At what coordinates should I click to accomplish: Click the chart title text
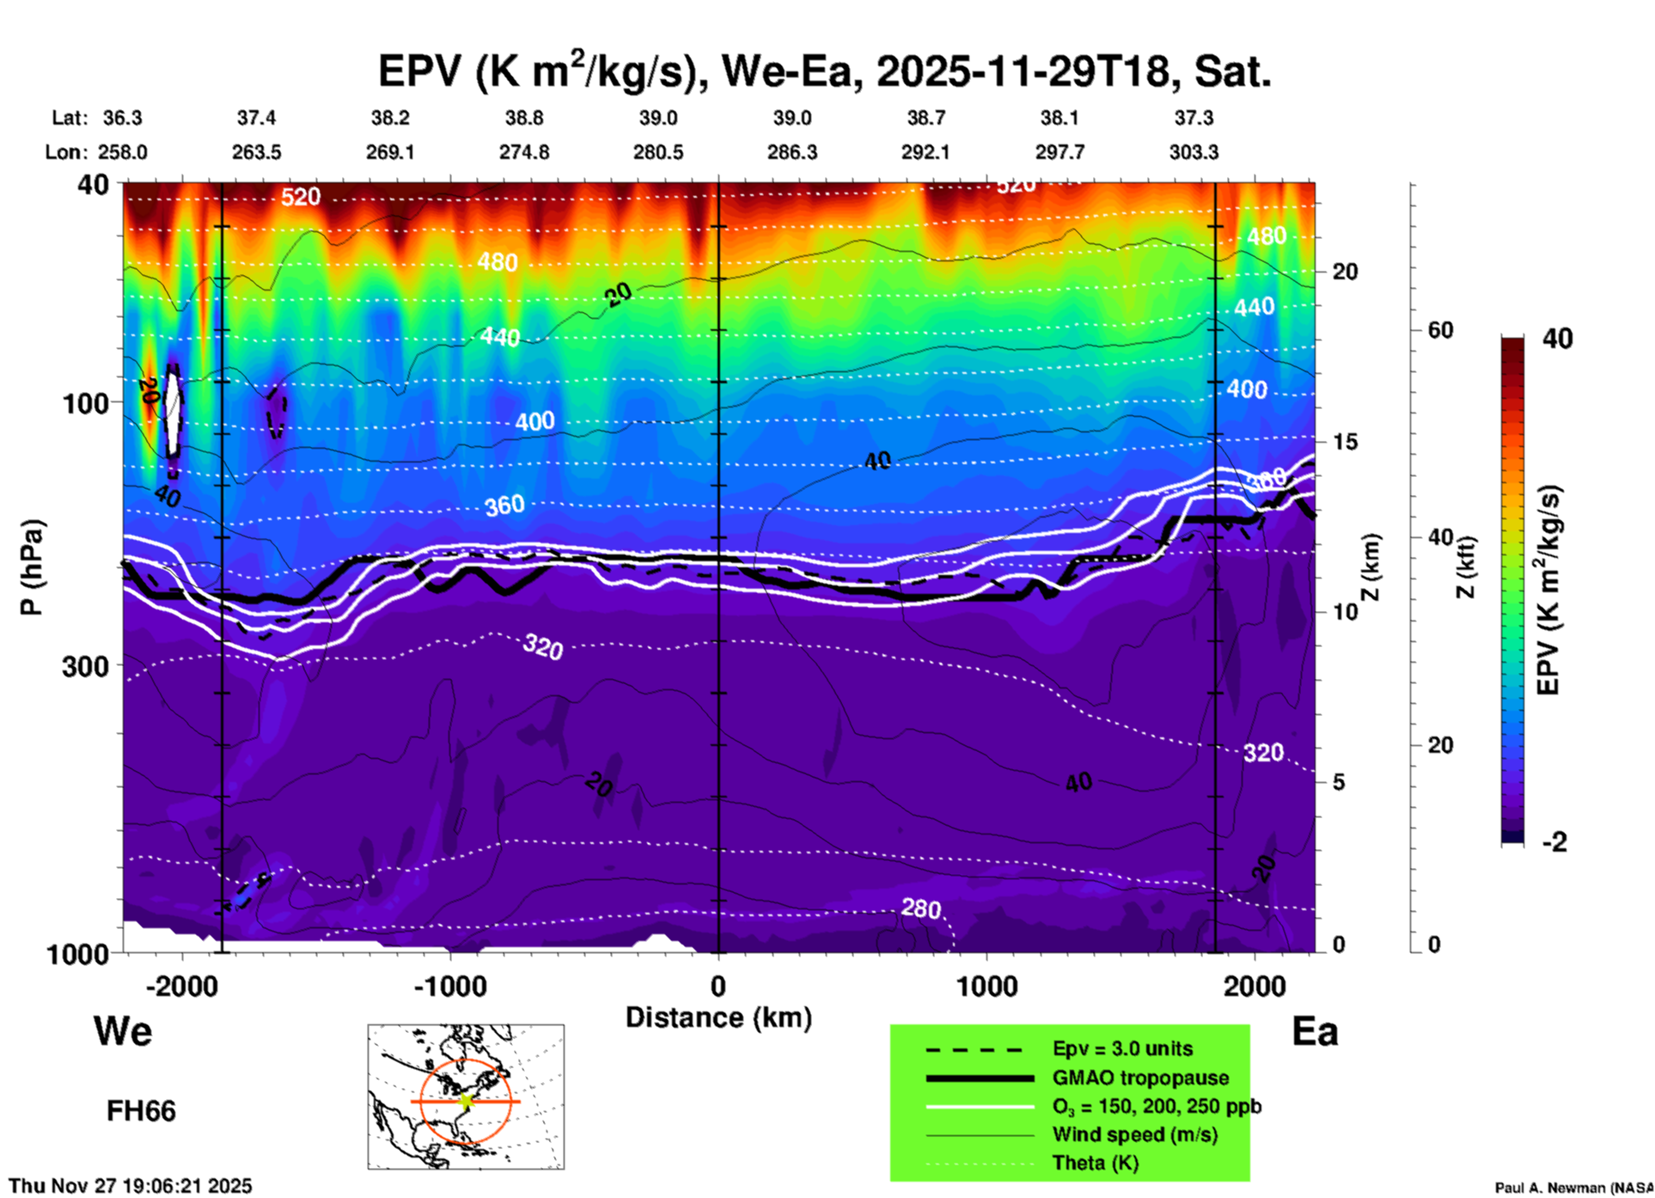(x=824, y=71)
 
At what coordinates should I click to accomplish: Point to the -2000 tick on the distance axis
(x=181, y=987)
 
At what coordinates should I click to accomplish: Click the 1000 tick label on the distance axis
(x=986, y=987)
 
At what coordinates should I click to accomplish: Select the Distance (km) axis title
(x=718, y=1018)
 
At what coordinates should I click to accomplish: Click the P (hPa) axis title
(x=31, y=567)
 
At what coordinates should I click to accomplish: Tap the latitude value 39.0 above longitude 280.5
(x=657, y=118)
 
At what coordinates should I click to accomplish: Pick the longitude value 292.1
(x=925, y=152)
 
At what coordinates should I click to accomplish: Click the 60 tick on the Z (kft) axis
(x=1440, y=330)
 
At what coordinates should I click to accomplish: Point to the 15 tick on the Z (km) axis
(x=1345, y=442)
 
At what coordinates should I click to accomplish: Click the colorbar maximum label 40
(x=1557, y=339)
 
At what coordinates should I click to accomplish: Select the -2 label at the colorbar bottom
(x=1554, y=842)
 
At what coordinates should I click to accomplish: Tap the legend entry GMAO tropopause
(x=1140, y=1078)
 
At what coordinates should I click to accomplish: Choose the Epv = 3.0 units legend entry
(x=1122, y=1048)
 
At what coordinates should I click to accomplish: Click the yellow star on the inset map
(x=466, y=1101)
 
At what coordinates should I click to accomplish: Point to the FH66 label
(x=141, y=1111)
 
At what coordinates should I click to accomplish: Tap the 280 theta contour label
(x=920, y=908)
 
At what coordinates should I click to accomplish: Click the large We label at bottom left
(x=123, y=1030)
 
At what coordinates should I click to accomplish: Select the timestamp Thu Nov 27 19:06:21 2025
(x=131, y=1186)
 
